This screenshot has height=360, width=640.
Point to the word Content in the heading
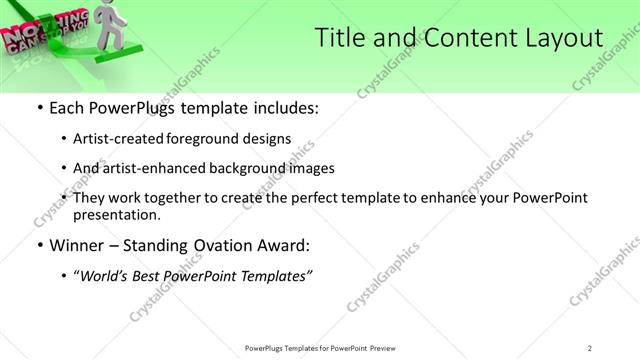click(461, 38)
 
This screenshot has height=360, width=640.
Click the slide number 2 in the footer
click(589, 347)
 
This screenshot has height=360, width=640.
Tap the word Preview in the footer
click(386, 347)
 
